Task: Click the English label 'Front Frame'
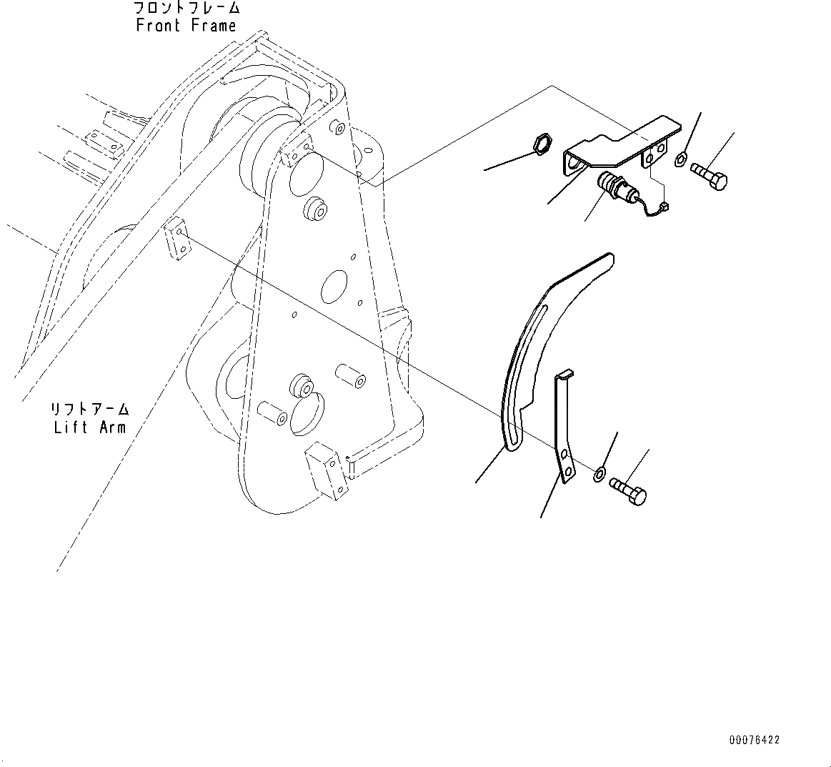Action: pyautogui.click(x=186, y=26)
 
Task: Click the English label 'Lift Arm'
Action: pyautogui.click(x=89, y=427)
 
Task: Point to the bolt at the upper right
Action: pyautogui.click(x=709, y=175)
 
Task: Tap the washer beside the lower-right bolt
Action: pyautogui.click(x=599, y=472)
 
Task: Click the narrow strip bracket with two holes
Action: pyautogui.click(x=563, y=429)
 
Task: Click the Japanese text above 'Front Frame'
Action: pyautogui.click(x=186, y=9)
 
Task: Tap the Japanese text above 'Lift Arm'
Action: pyautogui.click(x=89, y=410)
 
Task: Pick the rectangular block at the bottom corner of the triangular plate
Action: pyautogui.click(x=328, y=472)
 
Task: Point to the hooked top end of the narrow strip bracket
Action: pyautogui.click(x=564, y=374)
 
